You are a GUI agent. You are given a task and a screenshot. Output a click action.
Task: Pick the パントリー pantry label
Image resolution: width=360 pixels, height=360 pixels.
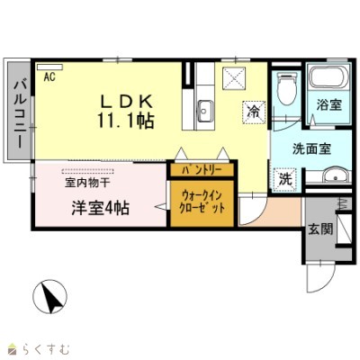tap(202, 168)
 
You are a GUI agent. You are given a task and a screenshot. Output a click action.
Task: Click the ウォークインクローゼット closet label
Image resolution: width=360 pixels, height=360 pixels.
tap(202, 202)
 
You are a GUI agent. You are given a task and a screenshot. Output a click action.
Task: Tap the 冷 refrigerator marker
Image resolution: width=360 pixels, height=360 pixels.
tap(254, 112)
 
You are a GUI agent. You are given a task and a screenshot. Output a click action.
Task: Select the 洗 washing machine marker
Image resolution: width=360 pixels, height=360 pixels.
tap(283, 179)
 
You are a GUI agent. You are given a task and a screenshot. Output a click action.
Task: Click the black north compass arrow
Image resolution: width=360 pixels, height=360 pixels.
tap(50, 296)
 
